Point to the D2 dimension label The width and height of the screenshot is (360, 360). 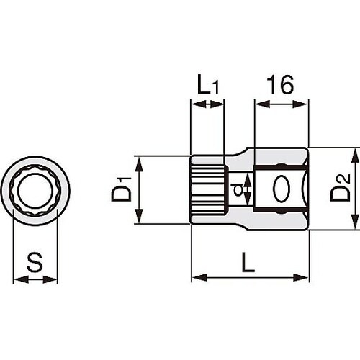[341, 189]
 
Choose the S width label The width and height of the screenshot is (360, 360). [34, 262]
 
